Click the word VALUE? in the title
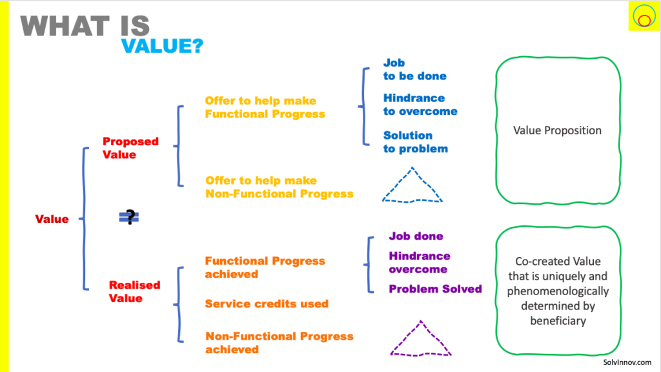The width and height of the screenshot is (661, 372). coord(162,46)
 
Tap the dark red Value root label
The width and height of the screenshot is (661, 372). coord(52,219)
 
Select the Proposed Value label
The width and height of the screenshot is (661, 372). coord(130,148)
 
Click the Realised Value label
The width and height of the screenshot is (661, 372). coord(134,291)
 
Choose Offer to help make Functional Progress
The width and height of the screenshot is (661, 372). coord(265,107)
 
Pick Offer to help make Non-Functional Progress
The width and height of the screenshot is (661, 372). coord(279,187)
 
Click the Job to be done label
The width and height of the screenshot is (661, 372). coord(415,69)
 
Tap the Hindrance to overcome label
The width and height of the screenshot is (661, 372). coord(420,105)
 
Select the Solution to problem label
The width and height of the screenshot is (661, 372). coord(415,141)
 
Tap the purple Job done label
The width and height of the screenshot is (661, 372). coord(416,236)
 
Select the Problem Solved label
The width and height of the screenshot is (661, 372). coord(435,289)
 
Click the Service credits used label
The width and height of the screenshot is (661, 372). coord(267,304)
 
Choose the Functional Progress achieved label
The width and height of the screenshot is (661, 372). coord(265,267)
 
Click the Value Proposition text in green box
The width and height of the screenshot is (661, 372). coord(557,130)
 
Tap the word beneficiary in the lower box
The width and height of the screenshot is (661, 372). coord(558,320)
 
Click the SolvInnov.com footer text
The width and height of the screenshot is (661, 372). coord(627,362)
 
